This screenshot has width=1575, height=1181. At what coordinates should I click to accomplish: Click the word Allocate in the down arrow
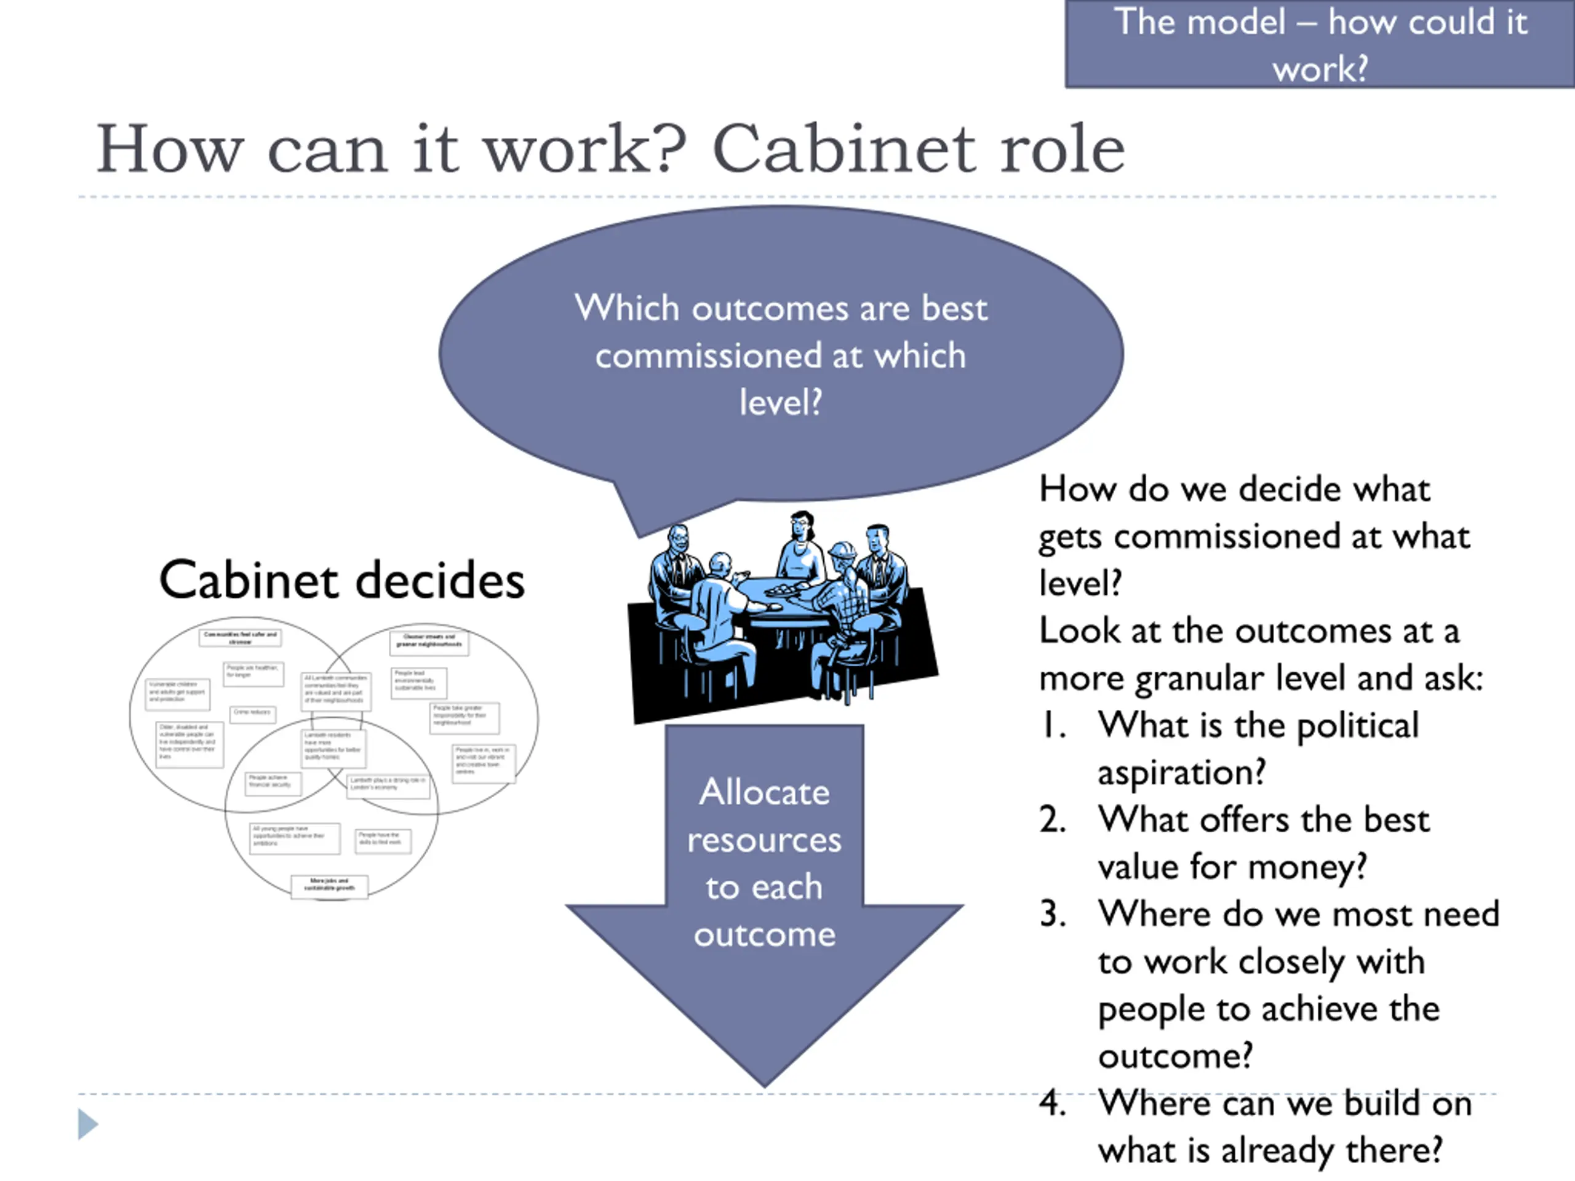(x=764, y=792)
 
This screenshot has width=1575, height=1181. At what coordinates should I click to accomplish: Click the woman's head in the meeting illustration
(x=802, y=528)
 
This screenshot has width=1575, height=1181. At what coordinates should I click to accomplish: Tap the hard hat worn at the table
(x=842, y=551)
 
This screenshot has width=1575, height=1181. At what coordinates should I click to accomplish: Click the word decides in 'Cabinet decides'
(x=439, y=580)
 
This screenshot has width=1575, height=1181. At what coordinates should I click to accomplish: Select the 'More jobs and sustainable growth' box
(x=330, y=886)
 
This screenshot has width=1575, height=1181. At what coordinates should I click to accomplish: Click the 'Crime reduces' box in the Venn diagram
(x=253, y=714)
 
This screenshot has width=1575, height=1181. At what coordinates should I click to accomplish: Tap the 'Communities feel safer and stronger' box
(x=240, y=637)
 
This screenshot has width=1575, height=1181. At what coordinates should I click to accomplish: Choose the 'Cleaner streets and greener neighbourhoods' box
(x=429, y=642)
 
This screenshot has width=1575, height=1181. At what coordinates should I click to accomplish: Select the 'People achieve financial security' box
(x=273, y=782)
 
